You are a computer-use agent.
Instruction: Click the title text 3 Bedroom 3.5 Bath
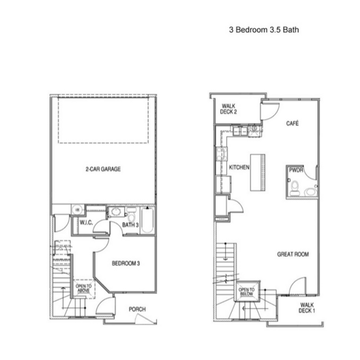pyautogui.click(x=264, y=30)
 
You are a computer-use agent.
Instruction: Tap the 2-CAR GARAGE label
pyautogui.click(x=103, y=169)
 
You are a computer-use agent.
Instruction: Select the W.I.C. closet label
pyautogui.click(x=86, y=222)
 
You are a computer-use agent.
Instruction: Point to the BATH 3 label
pyautogui.click(x=130, y=225)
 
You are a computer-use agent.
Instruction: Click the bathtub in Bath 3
pyautogui.click(x=148, y=220)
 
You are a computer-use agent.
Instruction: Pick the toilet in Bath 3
pyautogui.click(x=131, y=216)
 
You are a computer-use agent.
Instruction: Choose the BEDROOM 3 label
pyautogui.click(x=126, y=263)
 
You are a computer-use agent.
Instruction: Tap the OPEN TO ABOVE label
pyautogui.click(x=84, y=288)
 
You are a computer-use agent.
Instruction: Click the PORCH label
pyautogui.click(x=137, y=309)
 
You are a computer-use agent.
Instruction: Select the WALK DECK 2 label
pyautogui.click(x=229, y=109)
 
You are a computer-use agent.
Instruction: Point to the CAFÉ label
pyautogui.click(x=292, y=123)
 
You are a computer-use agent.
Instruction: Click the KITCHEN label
pyautogui.click(x=239, y=167)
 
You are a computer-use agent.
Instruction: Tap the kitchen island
pyautogui.click(x=257, y=172)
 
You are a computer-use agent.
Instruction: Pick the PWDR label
pyautogui.click(x=296, y=170)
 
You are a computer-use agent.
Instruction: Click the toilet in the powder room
pyautogui.click(x=295, y=188)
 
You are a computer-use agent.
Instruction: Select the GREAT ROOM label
pyautogui.click(x=293, y=254)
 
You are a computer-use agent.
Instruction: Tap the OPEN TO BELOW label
pyautogui.click(x=246, y=292)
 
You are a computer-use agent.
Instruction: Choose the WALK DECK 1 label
pyautogui.click(x=307, y=308)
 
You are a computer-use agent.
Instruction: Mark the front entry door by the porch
pyautogui.click(x=105, y=306)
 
